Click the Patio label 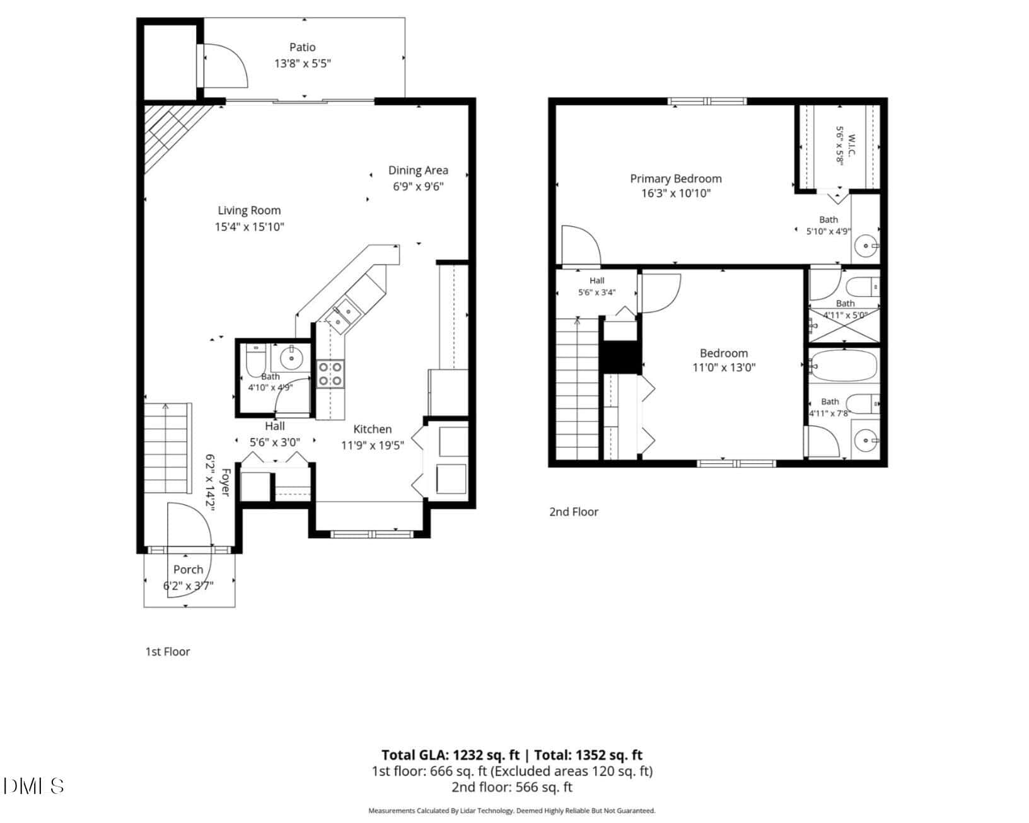(302, 47)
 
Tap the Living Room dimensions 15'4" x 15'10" (249, 226)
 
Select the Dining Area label (418, 170)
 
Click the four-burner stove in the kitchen (330, 374)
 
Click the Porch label (188, 569)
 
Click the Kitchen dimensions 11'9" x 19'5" (373, 446)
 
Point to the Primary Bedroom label (676, 179)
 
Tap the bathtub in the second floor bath (844, 365)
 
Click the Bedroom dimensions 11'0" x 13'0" (724, 367)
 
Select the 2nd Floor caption (573, 512)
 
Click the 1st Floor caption (167, 652)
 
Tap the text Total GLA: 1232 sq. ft (450, 755)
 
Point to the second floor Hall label (596, 280)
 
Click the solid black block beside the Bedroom (620, 357)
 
